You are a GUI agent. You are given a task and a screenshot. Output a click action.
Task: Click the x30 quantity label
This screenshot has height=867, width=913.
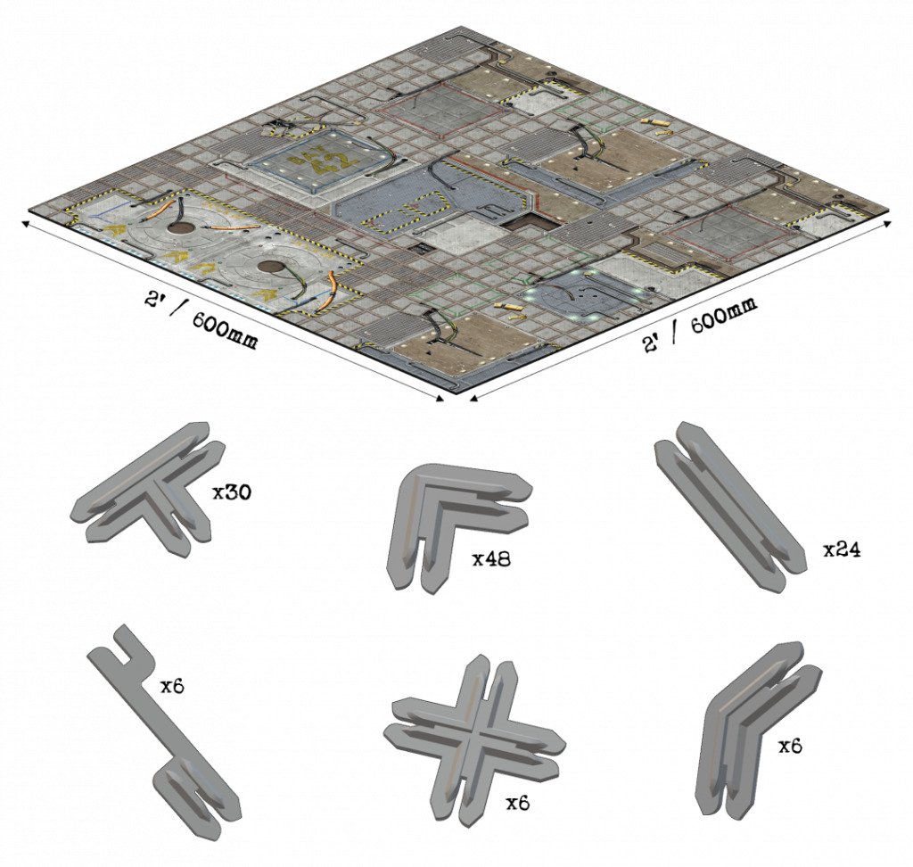pos(232,492)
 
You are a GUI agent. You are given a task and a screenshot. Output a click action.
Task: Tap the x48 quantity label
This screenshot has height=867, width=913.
pos(491,559)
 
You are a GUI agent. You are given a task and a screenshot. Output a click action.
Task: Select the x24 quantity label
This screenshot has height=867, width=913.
pos(842,549)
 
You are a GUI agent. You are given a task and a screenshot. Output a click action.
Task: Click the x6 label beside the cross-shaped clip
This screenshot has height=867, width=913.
pos(518,804)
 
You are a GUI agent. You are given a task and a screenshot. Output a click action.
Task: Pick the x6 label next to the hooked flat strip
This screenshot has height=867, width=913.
pos(172,687)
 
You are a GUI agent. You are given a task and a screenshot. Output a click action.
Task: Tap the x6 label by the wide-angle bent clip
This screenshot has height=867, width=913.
pos(791,747)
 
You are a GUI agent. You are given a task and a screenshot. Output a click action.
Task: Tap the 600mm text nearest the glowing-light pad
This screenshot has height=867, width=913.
pos(724,316)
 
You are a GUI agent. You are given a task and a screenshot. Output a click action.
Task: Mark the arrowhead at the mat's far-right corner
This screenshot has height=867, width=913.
pos(887,223)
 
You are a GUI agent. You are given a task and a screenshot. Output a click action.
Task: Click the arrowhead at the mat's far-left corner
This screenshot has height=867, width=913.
pos(26,223)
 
